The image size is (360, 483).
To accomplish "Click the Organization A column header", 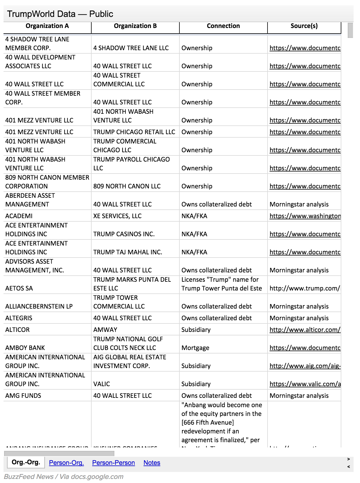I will pos(47,26).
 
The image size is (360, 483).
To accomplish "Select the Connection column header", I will pos(223,26).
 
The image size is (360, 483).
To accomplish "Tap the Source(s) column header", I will pos(304,26).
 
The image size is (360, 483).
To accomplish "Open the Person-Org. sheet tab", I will pos(66,463).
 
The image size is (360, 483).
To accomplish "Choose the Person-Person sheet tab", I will pos(113,463).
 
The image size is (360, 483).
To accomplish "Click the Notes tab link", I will pos(152,463).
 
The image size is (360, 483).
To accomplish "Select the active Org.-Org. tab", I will pos(26,462).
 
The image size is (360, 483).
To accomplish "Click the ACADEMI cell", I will pos(19,216).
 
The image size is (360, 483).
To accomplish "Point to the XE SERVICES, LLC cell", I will pos(117,216).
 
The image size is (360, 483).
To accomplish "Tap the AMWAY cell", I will pos(105,330).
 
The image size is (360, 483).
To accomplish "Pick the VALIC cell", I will pos(102,384).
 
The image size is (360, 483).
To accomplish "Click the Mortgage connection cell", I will pos(195,348).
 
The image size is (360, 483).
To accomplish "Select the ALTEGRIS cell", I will pos(19,318).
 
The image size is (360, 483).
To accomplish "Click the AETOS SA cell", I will pos(19,288).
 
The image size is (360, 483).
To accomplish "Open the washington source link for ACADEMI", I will pos(305,216).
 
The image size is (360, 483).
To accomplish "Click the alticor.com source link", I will pos(305,330).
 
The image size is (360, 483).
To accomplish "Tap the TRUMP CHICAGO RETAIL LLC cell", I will pos(134,132).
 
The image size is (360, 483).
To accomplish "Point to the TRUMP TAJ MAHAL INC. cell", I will pos(127,252).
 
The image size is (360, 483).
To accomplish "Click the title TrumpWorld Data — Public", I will pos(60,14).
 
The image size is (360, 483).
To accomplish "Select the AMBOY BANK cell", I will pos(25,348).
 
